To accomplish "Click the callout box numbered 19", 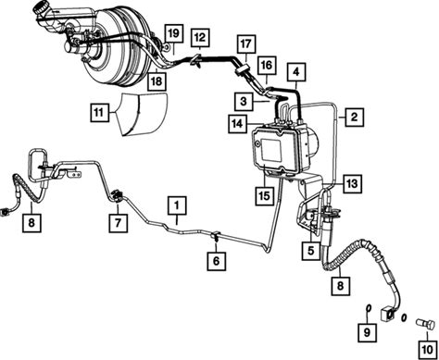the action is click(174, 33).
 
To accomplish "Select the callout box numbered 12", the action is click(200, 38).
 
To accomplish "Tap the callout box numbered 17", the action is click(246, 44).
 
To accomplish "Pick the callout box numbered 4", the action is click(296, 72).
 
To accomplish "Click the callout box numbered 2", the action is click(354, 117).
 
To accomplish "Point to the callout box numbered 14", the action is click(237, 124).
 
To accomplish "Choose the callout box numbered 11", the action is click(100, 112).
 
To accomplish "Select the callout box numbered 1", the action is click(177, 205).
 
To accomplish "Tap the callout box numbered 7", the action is click(119, 223).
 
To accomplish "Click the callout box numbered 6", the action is click(216, 261).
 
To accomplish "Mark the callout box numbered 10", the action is click(428, 350).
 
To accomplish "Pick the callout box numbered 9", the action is click(367, 333).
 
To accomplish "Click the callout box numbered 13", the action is click(352, 184).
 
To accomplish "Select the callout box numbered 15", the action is click(265, 196).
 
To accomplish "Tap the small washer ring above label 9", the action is click(369, 308).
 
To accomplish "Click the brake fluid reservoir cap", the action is click(42, 6).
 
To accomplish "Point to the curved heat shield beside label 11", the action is click(144, 114).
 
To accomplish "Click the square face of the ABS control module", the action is click(271, 150).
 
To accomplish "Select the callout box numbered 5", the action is click(310, 251).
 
